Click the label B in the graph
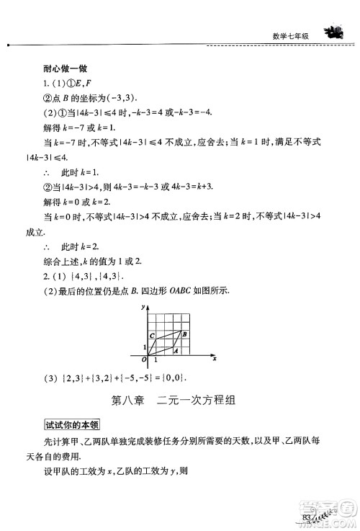point(185,334)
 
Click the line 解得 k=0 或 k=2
point(87,203)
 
